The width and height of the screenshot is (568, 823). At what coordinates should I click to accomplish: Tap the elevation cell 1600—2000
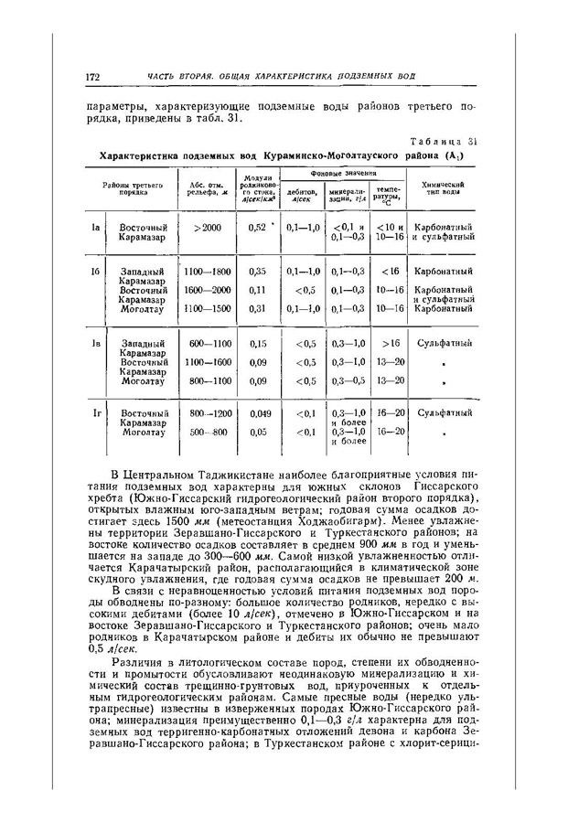(209, 289)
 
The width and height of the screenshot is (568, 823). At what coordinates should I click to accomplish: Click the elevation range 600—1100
(209, 344)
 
